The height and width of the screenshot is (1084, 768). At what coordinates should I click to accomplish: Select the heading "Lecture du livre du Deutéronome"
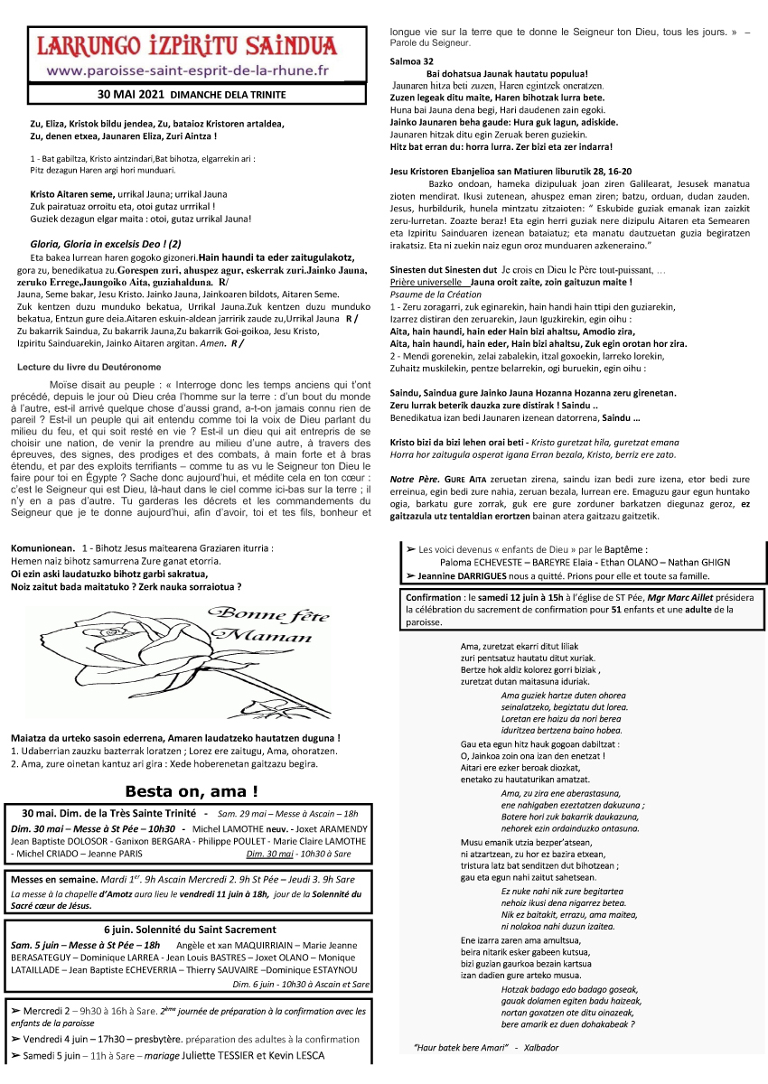pyautogui.click(x=89, y=366)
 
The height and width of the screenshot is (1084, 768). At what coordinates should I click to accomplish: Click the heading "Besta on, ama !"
pyautogui.click(x=191, y=791)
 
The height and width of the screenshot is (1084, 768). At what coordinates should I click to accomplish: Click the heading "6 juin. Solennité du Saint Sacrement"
pyautogui.click(x=189, y=930)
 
